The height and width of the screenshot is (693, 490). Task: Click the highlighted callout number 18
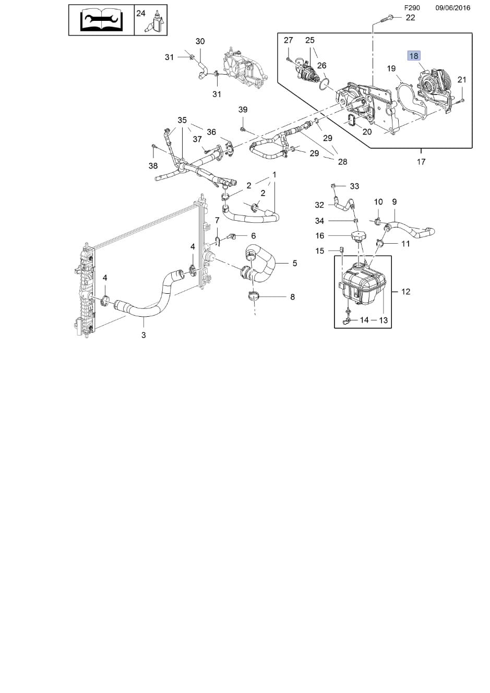coord(414,56)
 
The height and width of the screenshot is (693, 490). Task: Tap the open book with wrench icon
coord(101,20)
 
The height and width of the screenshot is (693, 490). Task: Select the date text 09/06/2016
coord(452,8)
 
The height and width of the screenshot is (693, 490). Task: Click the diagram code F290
coord(412,8)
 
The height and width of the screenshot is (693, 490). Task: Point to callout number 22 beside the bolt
coord(410,18)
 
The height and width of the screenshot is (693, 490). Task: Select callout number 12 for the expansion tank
coord(405,291)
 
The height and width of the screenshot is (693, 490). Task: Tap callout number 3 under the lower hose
coord(144,334)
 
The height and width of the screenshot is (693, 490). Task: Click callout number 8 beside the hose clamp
coord(292,297)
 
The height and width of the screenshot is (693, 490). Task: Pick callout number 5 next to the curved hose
coord(294,264)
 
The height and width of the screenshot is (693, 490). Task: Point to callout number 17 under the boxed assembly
coord(421,161)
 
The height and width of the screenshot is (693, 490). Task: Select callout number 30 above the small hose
coord(200,41)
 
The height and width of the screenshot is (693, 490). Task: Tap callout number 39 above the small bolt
coord(243,110)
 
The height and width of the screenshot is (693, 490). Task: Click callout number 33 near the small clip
coord(354,186)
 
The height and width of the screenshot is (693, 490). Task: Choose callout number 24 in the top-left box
coord(141,13)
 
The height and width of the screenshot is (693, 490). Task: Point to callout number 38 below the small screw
coord(153,166)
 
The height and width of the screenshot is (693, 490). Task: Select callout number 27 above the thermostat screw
coord(288,40)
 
